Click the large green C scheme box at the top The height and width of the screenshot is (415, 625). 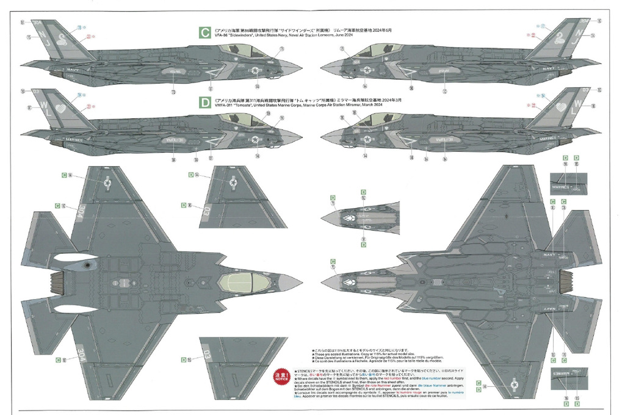click(x=206, y=32)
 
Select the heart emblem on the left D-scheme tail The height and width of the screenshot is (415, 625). click(x=61, y=109)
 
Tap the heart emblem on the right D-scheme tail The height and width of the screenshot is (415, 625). click(x=560, y=109)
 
